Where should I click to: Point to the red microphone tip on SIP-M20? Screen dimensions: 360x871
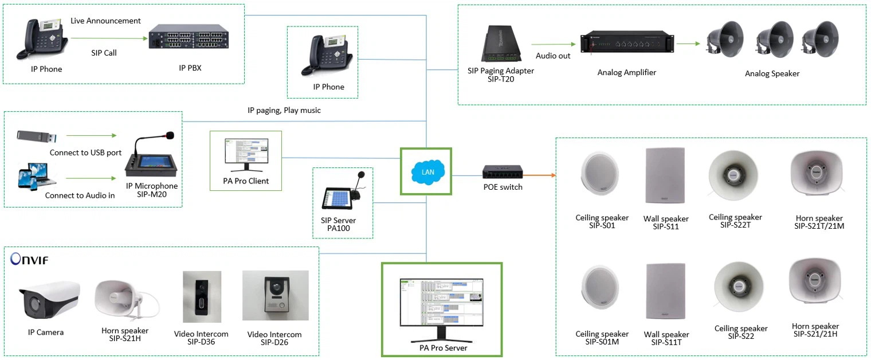point(169,136)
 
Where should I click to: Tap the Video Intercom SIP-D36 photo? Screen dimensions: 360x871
point(201,296)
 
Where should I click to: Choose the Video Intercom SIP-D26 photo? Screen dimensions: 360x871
point(275,296)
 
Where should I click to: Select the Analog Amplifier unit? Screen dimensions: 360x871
point(627,43)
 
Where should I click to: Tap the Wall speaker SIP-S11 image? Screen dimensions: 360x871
point(665,175)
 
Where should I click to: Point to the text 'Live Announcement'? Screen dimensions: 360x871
point(105,21)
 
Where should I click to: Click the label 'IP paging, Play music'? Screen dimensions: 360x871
point(284,110)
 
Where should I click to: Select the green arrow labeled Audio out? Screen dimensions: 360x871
point(553,44)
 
